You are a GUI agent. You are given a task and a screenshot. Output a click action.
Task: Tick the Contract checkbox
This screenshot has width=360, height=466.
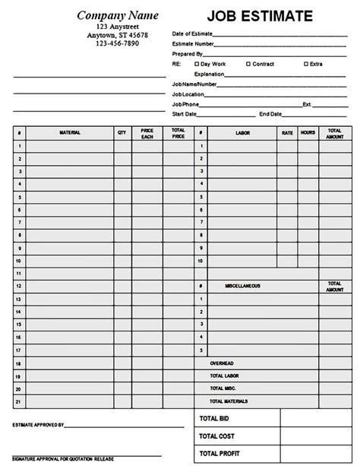249,64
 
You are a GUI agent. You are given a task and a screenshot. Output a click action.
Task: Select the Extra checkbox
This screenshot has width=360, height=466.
305,64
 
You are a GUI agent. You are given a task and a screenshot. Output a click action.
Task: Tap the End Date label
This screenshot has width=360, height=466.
270,113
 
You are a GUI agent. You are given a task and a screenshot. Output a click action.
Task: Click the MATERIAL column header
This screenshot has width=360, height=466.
70,132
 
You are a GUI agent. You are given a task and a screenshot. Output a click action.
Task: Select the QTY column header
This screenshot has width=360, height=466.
122,132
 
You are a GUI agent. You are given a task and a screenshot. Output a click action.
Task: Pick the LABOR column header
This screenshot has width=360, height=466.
242,132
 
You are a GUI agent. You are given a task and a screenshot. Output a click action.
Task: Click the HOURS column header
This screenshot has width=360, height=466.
308,132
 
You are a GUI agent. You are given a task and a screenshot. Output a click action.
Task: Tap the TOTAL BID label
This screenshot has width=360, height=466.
213,419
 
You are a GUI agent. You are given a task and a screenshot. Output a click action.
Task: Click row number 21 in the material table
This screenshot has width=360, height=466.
17,401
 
